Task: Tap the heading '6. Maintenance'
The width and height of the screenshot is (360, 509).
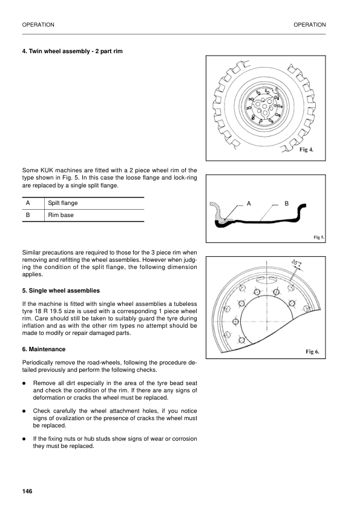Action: [x=43, y=349]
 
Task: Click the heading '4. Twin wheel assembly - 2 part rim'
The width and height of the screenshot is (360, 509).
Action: [x=72, y=51]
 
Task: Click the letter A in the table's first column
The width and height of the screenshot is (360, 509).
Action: [x=27, y=203]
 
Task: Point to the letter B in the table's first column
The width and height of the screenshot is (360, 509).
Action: [x=27, y=215]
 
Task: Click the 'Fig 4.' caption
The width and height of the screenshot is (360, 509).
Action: [x=307, y=150]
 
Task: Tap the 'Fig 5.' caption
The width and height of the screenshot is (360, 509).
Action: [x=318, y=238]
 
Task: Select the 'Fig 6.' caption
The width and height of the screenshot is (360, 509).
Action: [x=312, y=351]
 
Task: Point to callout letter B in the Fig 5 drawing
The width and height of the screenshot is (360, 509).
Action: [x=287, y=204]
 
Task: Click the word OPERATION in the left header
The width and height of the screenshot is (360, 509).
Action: [x=38, y=25]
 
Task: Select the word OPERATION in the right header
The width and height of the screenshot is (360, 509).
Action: [x=309, y=25]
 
